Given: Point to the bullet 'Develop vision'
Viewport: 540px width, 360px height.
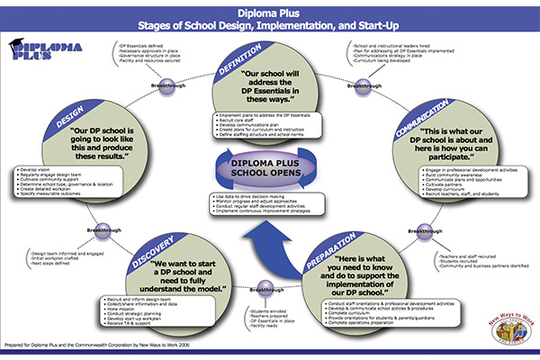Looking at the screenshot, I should [45, 168].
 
